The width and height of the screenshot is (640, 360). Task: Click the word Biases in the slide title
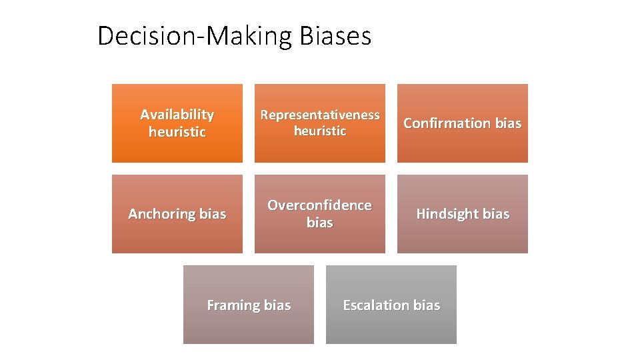point(335,36)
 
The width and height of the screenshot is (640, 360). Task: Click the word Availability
point(177,115)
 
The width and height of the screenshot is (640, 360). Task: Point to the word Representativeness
point(320,115)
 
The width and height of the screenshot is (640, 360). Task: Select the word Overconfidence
point(320,205)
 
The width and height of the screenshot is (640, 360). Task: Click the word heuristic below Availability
point(177,132)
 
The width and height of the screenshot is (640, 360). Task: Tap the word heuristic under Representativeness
point(320,131)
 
